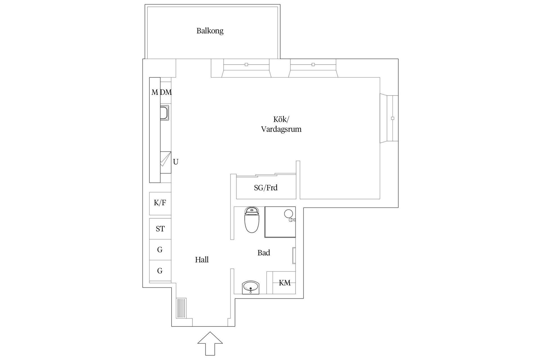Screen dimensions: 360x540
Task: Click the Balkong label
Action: (x=210, y=31)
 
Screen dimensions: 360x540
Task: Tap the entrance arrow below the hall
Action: (x=210, y=343)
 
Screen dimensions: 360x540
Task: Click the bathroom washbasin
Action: (x=250, y=287)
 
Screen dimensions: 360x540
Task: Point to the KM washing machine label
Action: (x=285, y=283)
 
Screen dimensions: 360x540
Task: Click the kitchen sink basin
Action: (x=164, y=113)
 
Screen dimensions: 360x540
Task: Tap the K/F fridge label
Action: (x=160, y=203)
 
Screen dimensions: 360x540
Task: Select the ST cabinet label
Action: (x=160, y=229)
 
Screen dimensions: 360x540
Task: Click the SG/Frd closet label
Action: (x=266, y=188)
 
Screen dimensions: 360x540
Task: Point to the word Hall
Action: (x=202, y=260)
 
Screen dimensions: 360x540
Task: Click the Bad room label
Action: (x=264, y=253)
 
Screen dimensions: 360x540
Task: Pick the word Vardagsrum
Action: (x=281, y=129)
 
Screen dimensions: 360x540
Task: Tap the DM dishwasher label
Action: (x=166, y=92)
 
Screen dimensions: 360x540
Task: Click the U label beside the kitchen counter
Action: (x=175, y=162)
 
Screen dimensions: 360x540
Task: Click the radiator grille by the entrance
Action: (x=181, y=308)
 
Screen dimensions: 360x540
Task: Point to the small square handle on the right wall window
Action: (x=393, y=118)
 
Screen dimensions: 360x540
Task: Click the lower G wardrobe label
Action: (x=160, y=271)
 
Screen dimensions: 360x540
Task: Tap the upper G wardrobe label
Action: (x=160, y=249)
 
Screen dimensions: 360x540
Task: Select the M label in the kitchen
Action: (x=154, y=92)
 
